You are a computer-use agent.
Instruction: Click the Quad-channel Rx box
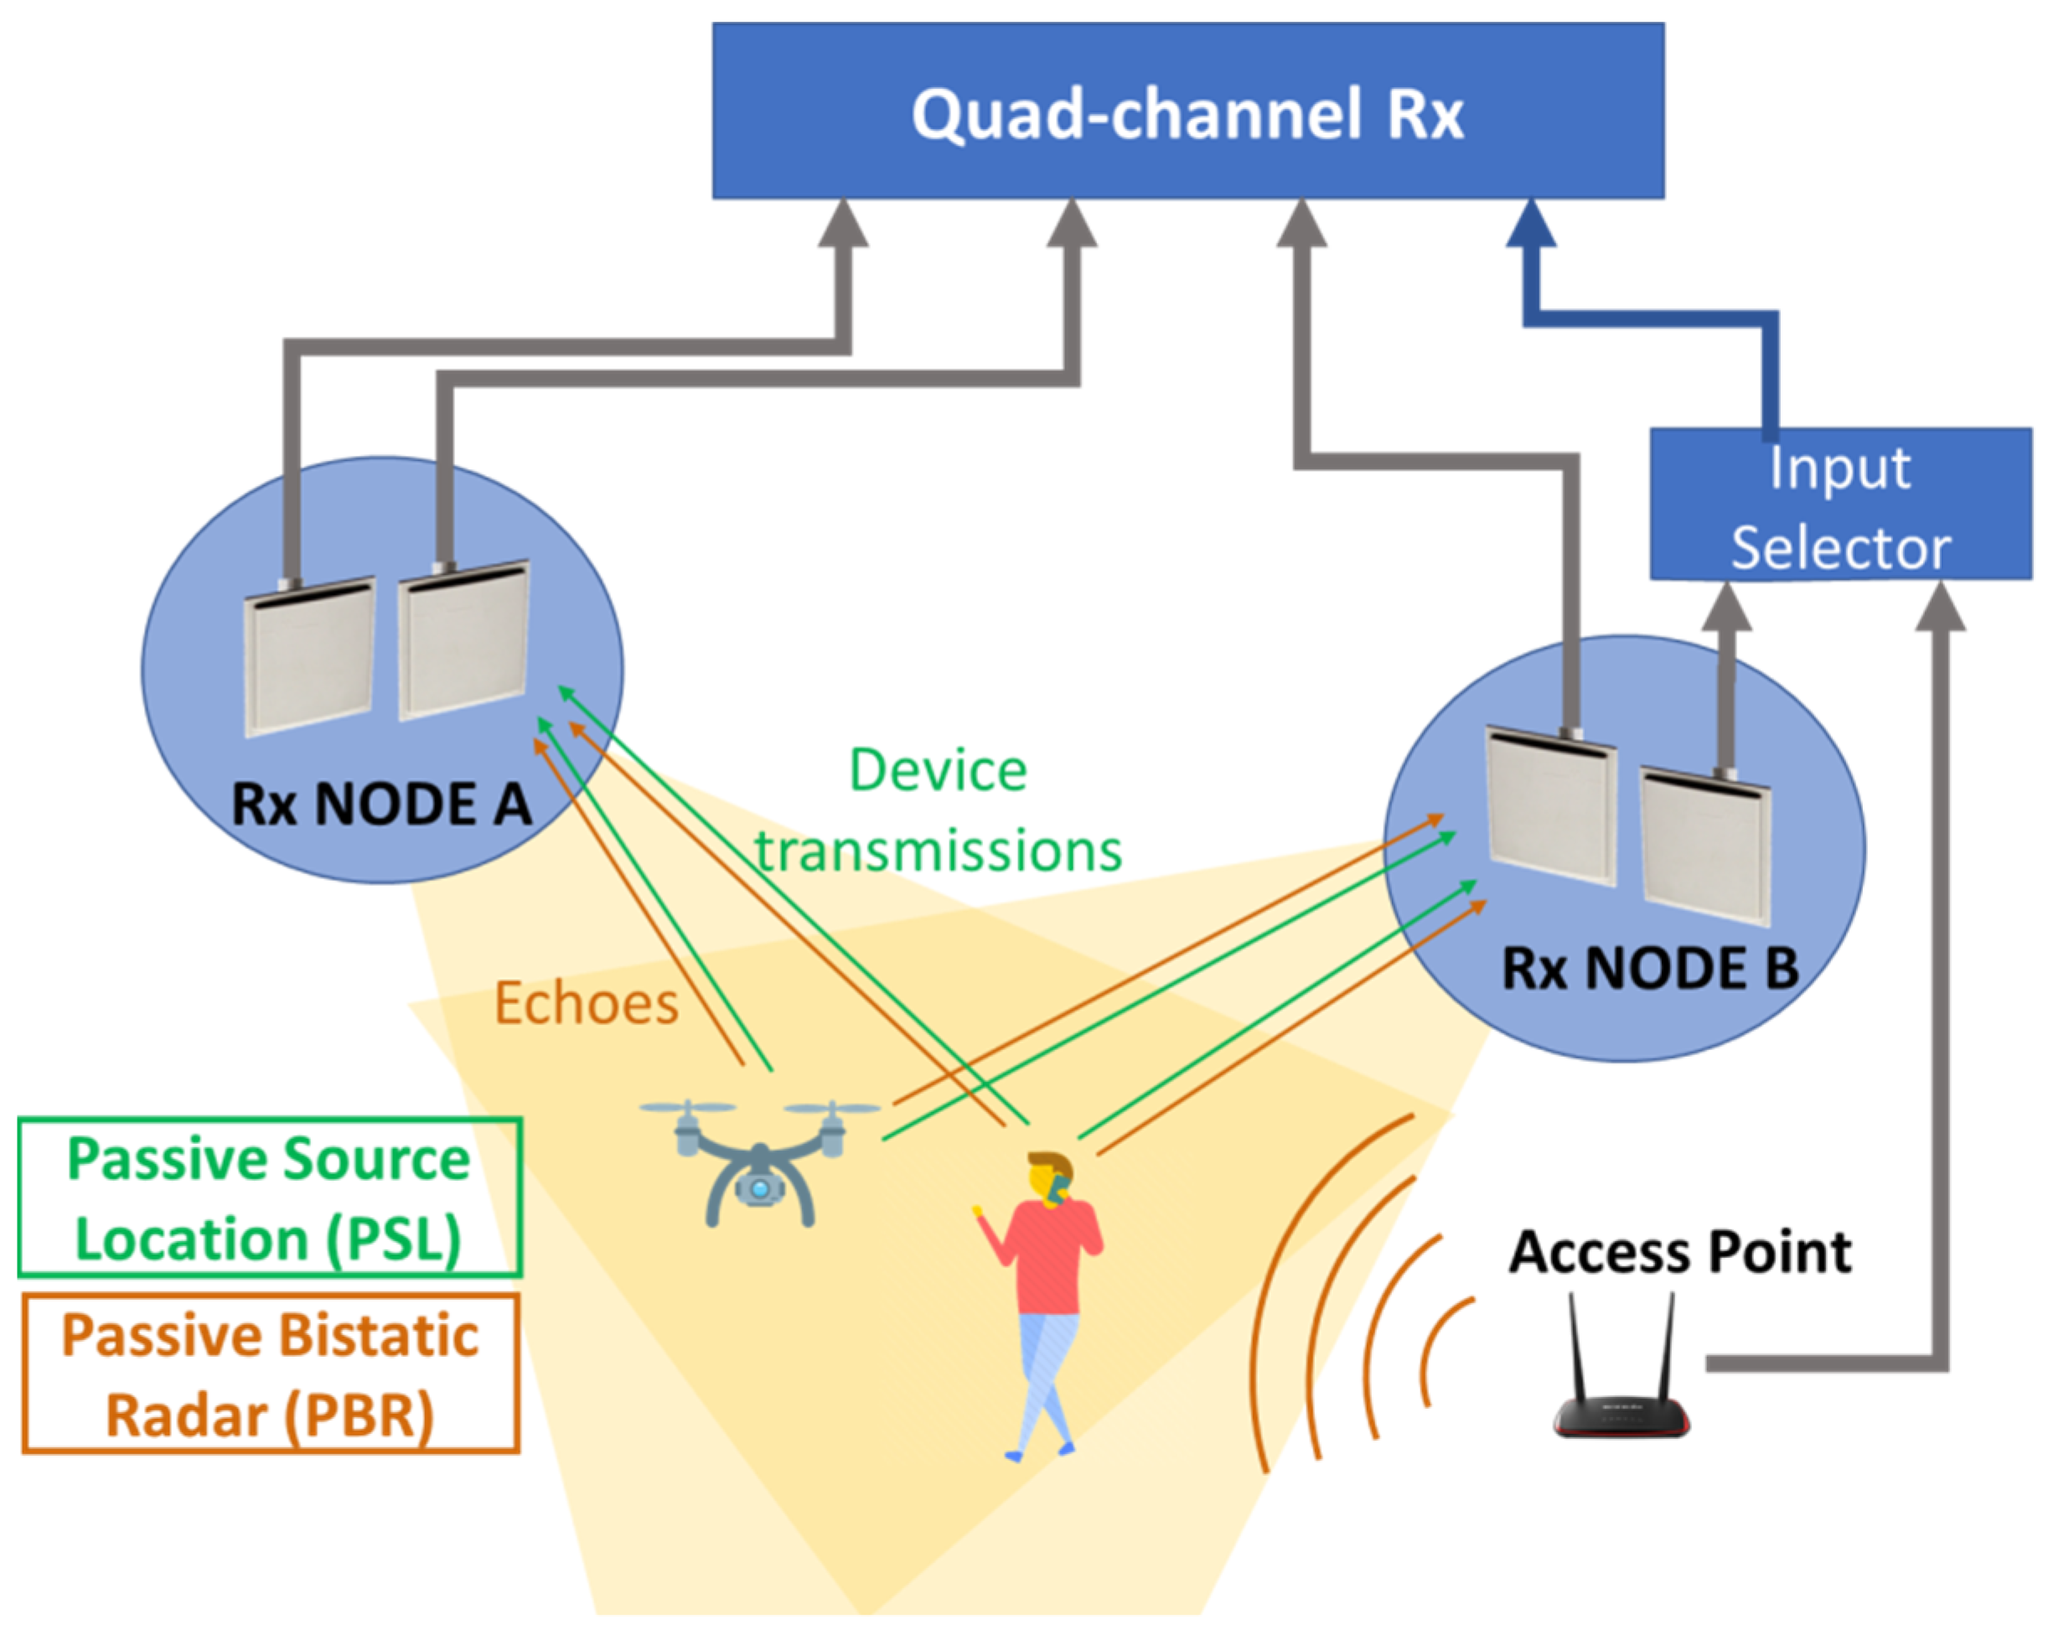[1187, 111]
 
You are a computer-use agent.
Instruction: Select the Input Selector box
[1840, 504]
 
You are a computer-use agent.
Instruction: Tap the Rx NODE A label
[381, 804]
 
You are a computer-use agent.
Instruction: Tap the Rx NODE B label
[1650, 969]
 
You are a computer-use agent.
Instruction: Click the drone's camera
[758, 1187]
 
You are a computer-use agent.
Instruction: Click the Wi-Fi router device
[1621, 1415]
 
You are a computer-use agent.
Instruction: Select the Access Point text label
[1679, 1251]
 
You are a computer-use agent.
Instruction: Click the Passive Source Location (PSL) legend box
[270, 1197]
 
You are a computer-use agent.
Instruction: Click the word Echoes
[586, 1003]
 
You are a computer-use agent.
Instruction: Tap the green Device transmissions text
[938, 810]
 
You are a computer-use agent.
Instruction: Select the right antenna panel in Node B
[1705, 846]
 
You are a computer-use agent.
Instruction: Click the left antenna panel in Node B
[1550, 808]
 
